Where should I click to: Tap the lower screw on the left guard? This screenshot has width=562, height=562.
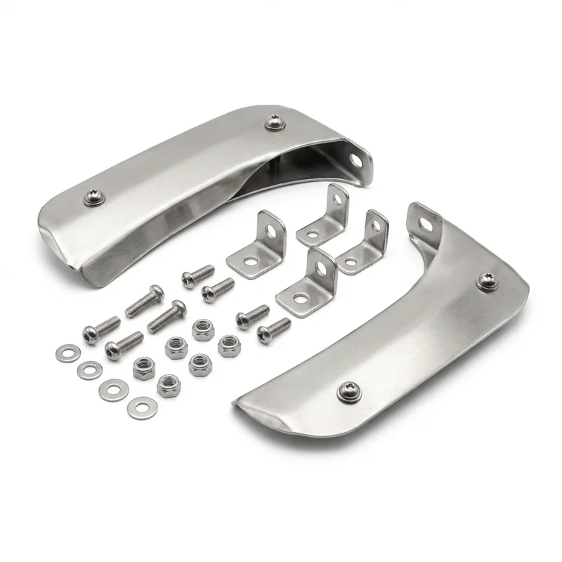[93, 199]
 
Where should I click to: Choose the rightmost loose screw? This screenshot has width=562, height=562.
[273, 328]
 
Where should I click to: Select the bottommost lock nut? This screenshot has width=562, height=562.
[168, 385]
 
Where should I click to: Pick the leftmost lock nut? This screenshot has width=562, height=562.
[144, 367]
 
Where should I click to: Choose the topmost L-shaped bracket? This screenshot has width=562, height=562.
[325, 215]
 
